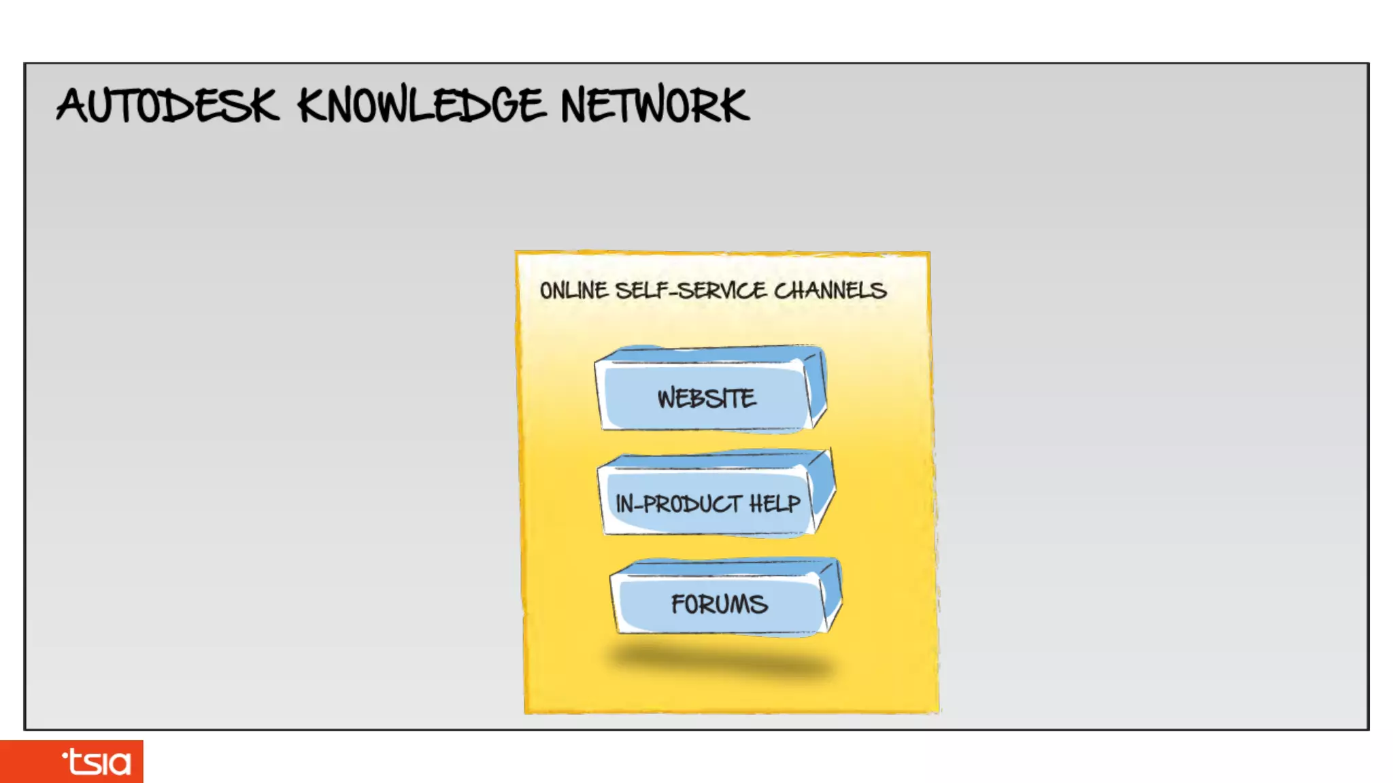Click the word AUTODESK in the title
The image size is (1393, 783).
click(167, 106)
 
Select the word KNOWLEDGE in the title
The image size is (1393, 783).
click(421, 106)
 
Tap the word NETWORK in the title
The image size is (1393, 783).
click(654, 106)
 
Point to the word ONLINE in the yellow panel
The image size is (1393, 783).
click(573, 291)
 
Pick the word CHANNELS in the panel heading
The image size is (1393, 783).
click(830, 291)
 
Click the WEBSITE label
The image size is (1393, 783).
click(706, 398)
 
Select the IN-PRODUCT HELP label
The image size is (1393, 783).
click(707, 504)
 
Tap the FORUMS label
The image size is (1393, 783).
click(719, 604)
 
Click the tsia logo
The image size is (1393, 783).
click(97, 762)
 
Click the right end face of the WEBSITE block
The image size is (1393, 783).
click(817, 387)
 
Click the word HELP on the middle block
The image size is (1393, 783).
click(775, 504)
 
